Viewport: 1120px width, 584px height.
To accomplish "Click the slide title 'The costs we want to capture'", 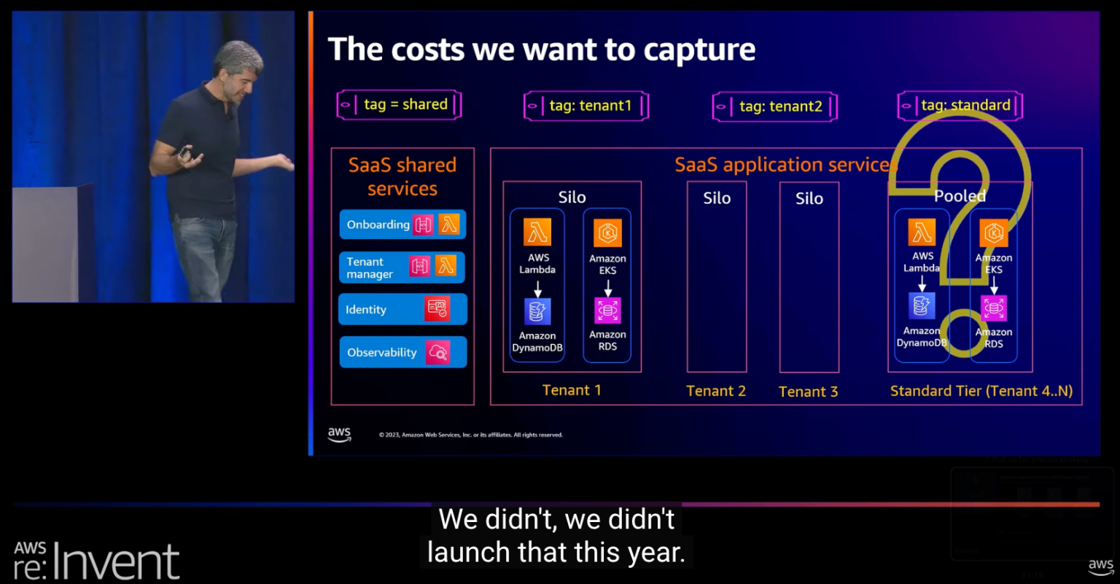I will [x=542, y=50].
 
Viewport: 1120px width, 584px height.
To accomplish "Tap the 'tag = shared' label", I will [x=399, y=105].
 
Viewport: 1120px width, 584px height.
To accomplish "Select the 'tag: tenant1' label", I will [x=586, y=106].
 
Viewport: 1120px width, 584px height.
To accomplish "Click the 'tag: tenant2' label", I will [x=775, y=107].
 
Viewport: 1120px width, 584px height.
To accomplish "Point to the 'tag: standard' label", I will [x=960, y=106].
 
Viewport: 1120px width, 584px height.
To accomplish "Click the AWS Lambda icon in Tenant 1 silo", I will [x=537, y=233].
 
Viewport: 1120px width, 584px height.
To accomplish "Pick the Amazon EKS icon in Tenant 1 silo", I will [x=607, y=233].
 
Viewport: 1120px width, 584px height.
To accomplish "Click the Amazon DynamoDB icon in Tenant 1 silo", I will [x=537, y=311].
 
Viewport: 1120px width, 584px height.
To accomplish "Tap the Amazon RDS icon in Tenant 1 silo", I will [x=607, y=310].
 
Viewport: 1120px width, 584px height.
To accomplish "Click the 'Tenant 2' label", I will [x=716, y=392].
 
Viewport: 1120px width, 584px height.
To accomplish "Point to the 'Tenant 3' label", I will [x=808, y=392].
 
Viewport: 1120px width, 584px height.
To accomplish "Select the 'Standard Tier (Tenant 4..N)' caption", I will [x=981, y=392].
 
